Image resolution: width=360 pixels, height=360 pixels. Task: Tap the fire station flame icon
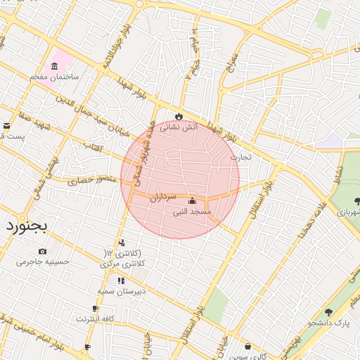coord(179,116)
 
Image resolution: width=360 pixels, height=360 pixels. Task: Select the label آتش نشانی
coord(179,128)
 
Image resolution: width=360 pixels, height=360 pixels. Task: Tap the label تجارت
coord(240,157)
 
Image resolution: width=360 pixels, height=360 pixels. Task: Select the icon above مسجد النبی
coord(193,200)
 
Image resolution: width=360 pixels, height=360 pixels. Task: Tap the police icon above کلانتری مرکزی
coord(122,243)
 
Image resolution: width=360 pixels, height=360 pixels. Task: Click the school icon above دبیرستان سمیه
coord(121,280)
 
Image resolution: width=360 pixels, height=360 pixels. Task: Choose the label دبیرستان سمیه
coord(121,290)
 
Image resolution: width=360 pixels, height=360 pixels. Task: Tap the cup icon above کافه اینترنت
coord(95,309)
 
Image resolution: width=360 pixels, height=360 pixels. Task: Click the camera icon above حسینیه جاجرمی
coord(43,251)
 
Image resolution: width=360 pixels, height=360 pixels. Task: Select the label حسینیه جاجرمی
coord(43,262)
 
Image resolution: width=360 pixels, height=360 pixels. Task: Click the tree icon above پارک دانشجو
coord(328,312)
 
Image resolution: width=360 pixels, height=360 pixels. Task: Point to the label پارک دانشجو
coord(332,323)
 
